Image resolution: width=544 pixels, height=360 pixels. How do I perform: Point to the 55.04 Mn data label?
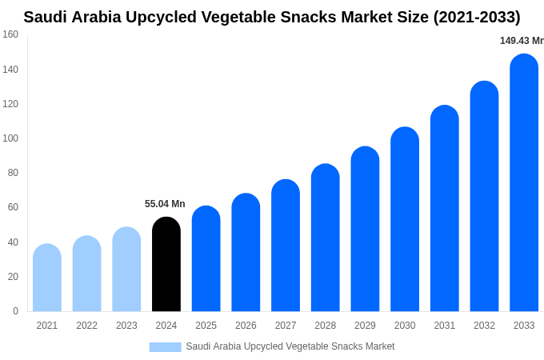[165, 204]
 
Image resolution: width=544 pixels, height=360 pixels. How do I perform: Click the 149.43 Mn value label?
[522, 41]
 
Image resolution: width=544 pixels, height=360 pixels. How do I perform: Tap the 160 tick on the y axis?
[10, 34]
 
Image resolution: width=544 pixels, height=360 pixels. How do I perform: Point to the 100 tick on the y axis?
[10, 138]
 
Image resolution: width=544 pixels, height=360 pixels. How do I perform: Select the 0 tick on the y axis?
[15, 311]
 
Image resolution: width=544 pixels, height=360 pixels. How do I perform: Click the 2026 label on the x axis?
[246, 326]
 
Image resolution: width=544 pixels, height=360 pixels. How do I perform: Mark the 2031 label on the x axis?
[445, 326]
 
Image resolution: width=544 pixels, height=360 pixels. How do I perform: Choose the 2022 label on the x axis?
[86, 326]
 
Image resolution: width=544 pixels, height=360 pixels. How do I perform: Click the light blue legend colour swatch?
[165, 346]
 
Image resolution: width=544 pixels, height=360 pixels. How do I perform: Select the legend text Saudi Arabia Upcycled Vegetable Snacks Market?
[290, 346]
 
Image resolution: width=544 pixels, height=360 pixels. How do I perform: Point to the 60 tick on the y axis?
[13, 207]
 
